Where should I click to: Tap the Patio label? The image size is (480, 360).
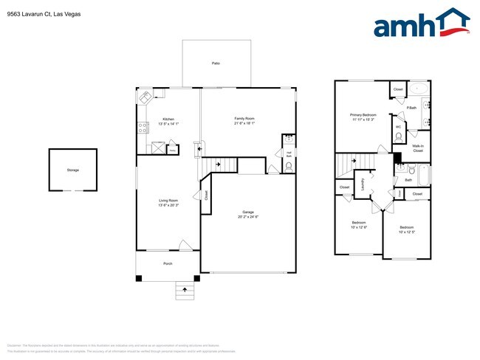click(x=216, y=63)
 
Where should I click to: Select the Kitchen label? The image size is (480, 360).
click(x=168, y=119)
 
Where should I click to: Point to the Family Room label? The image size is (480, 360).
click(x=244, y=119)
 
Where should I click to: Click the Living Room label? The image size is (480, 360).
click(x=168, y=201)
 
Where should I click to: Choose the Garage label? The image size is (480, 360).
click(x=248, y=212)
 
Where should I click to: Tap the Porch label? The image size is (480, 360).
click(x=168, y=261)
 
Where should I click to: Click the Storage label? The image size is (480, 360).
click(x=72, y=170)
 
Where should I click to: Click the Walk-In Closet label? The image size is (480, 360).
click(x=417, y=148)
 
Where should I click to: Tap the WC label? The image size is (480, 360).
click(x=398, y=126)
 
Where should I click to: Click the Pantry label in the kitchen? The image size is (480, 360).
click(x=172, y=150)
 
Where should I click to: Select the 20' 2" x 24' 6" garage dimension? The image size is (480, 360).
click(x=248, y=218)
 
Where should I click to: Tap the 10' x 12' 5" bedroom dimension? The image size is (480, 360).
click(x=407, y=232)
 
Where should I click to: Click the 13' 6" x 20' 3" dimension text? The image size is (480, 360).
click(x=168, y=205)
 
